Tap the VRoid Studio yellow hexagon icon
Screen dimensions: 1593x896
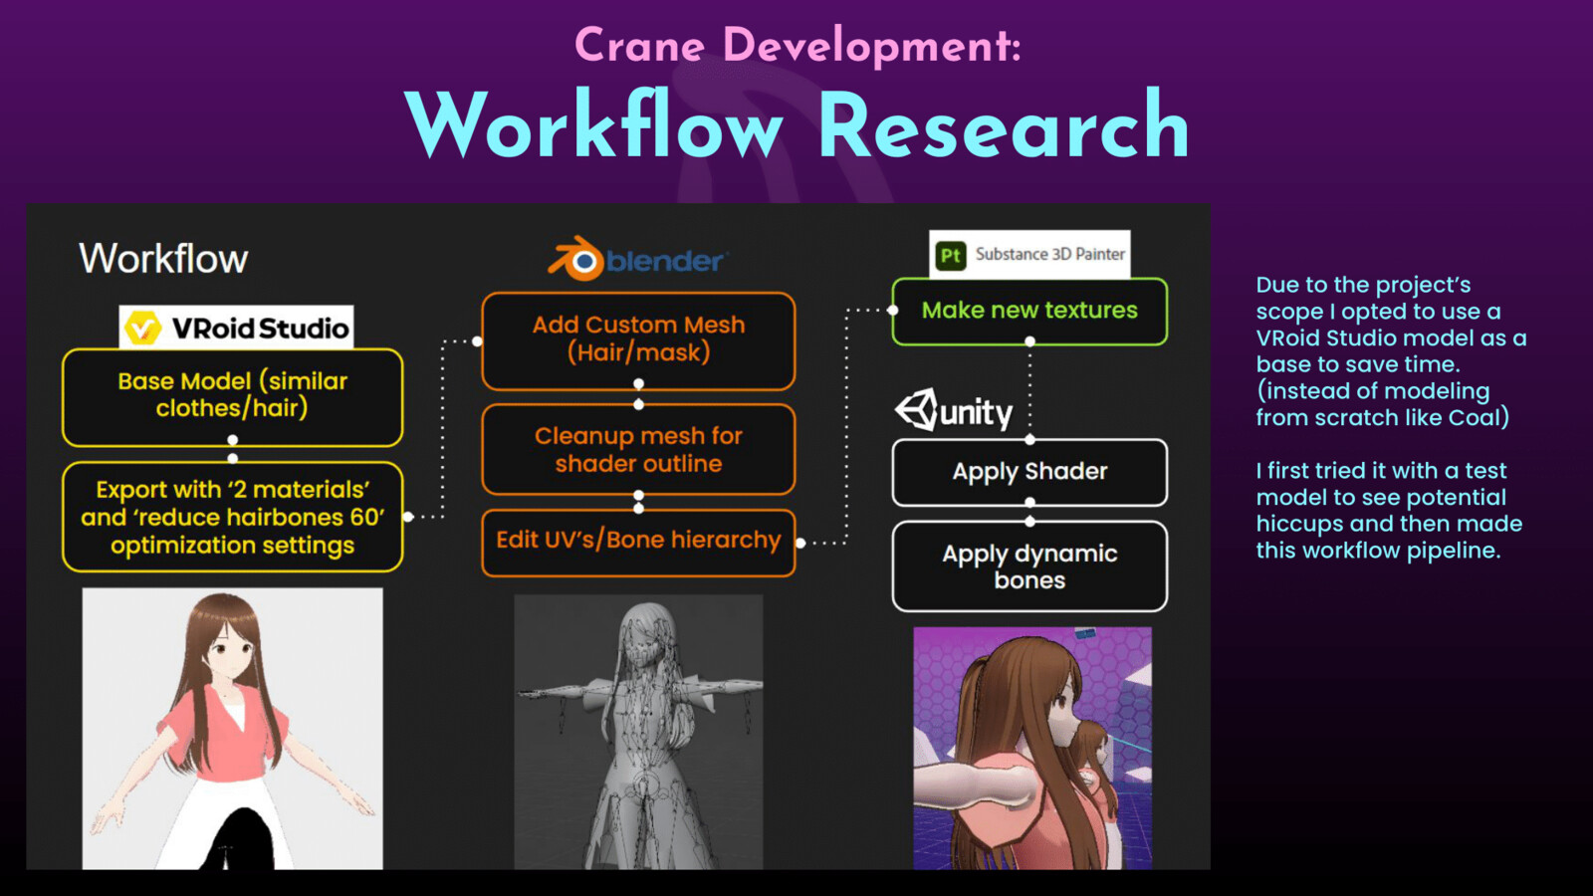142,328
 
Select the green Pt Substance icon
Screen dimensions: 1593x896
951,255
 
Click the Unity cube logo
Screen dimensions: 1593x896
917,409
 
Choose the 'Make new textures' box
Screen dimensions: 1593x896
1029,312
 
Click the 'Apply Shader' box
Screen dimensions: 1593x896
1029,472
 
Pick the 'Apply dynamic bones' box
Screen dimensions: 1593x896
1029,566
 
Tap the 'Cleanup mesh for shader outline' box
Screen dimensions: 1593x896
638,449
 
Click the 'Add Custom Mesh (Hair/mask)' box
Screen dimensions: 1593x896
638,340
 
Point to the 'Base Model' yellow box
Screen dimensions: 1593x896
233,397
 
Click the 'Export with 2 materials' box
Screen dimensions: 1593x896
233,517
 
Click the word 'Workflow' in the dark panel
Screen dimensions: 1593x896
163,258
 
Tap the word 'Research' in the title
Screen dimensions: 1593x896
1005,126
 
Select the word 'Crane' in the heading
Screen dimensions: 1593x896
639,46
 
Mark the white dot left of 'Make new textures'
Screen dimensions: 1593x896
892,310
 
